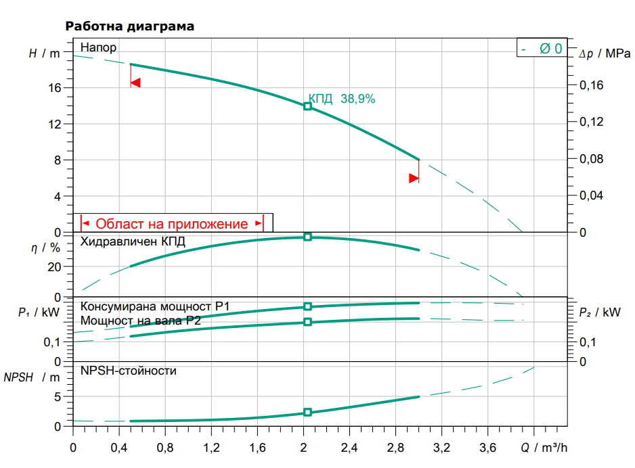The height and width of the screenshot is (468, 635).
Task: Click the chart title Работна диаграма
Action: click(x=129, y=27)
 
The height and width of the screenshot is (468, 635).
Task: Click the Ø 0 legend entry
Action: click(x=550, y=49)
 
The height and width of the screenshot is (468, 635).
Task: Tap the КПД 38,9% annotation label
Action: click(x=342, y=99)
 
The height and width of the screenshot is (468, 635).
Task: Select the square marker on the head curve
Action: click(x=307, y=106)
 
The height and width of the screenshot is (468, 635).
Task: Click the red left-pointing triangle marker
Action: click(x=135, y=83)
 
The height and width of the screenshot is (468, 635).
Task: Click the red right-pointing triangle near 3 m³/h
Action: click(x=414, y=179)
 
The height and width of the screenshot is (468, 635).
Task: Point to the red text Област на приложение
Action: click(x=172, y=224)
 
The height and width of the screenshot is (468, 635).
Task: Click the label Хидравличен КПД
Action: click(x=133, y=241)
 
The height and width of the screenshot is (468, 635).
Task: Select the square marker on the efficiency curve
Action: click(x=307, y=237)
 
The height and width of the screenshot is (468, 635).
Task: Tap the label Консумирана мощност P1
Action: click(x=155, y=307)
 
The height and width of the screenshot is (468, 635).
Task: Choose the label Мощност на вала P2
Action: click(x=141, y=321)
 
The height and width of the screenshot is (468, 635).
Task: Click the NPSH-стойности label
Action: click(x=129, y=371)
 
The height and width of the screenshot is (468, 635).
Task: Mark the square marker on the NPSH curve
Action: click(x=307, y=412)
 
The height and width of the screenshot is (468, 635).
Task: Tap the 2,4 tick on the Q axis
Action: click(x=349, y=448)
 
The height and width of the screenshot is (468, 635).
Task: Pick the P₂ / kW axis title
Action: click(x=600, y=312)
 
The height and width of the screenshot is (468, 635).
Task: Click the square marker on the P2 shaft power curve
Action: click(x=307, y=322)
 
